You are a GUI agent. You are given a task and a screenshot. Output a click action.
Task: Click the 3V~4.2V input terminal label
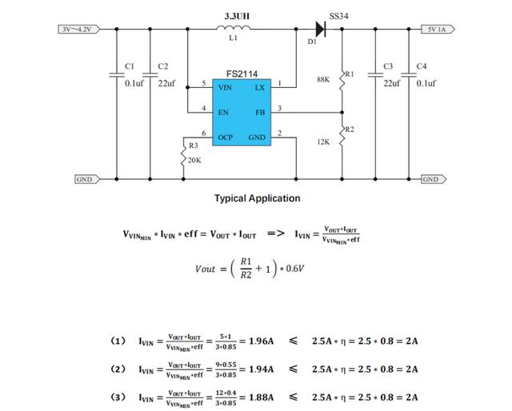tap(78, 30)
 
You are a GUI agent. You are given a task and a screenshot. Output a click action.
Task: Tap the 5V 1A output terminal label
tap(438, 30)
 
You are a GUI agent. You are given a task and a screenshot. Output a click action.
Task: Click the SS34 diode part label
tap(339, 16)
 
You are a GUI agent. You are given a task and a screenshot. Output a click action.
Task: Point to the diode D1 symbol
tap(320, 30)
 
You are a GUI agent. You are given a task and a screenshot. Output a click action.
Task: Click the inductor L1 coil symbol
tap(234, 30)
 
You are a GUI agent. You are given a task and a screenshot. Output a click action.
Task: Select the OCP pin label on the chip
tap(226, 138)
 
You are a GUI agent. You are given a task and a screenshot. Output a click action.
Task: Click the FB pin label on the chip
tap(260, 113)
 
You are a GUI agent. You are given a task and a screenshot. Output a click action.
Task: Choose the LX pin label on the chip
tap(259, 87)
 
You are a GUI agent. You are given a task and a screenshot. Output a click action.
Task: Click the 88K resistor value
tap(323, 80)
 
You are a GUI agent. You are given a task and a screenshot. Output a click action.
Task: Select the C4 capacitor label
tap(422, 66)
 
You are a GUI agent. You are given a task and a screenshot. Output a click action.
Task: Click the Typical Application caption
tap(257, 198)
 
